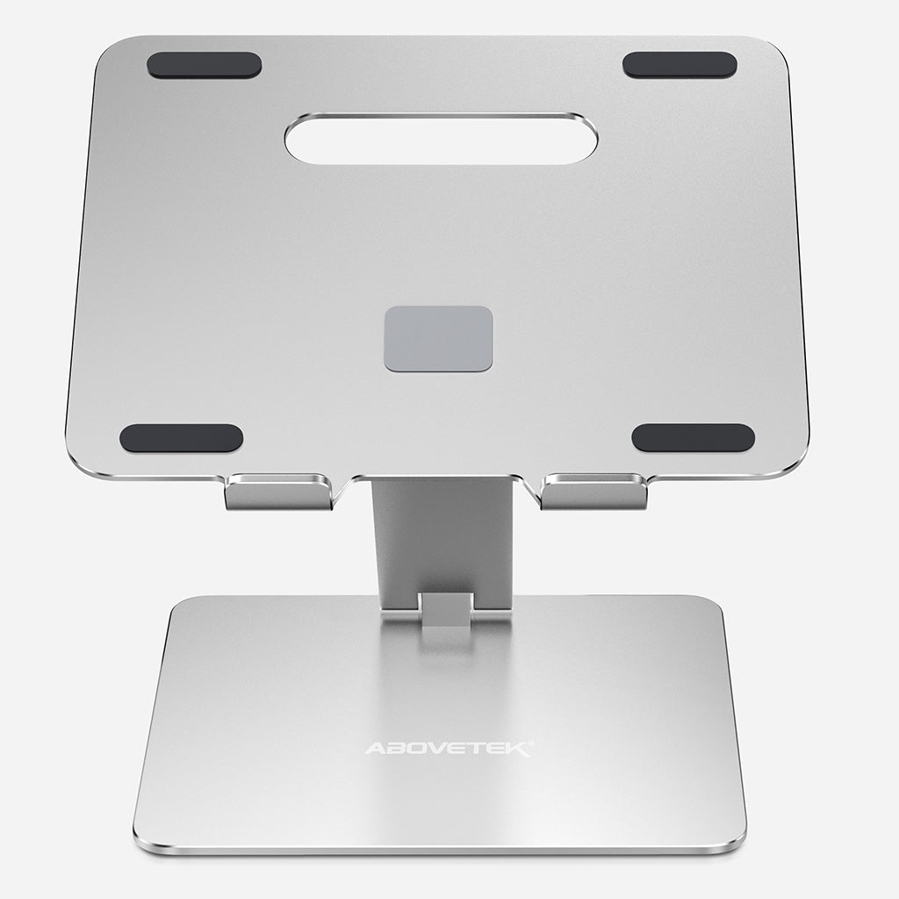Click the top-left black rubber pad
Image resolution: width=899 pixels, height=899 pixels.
point(204,65)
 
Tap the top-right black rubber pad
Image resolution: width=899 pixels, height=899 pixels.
point(680,65)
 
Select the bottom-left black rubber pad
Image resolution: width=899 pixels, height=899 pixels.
point(181,438)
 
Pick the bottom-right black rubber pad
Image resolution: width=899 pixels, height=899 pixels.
point(693,437)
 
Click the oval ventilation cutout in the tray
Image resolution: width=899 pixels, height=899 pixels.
point(441,139)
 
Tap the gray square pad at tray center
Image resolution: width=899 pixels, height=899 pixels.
point(438,338)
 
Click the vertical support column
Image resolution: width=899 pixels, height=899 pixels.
point(442,536)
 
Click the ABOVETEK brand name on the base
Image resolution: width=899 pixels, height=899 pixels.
point(448,749)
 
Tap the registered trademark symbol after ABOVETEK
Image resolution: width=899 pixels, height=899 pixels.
point(530,744)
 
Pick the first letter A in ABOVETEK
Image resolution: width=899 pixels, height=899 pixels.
point(373,750)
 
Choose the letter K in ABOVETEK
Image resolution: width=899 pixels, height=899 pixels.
point(517,750)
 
